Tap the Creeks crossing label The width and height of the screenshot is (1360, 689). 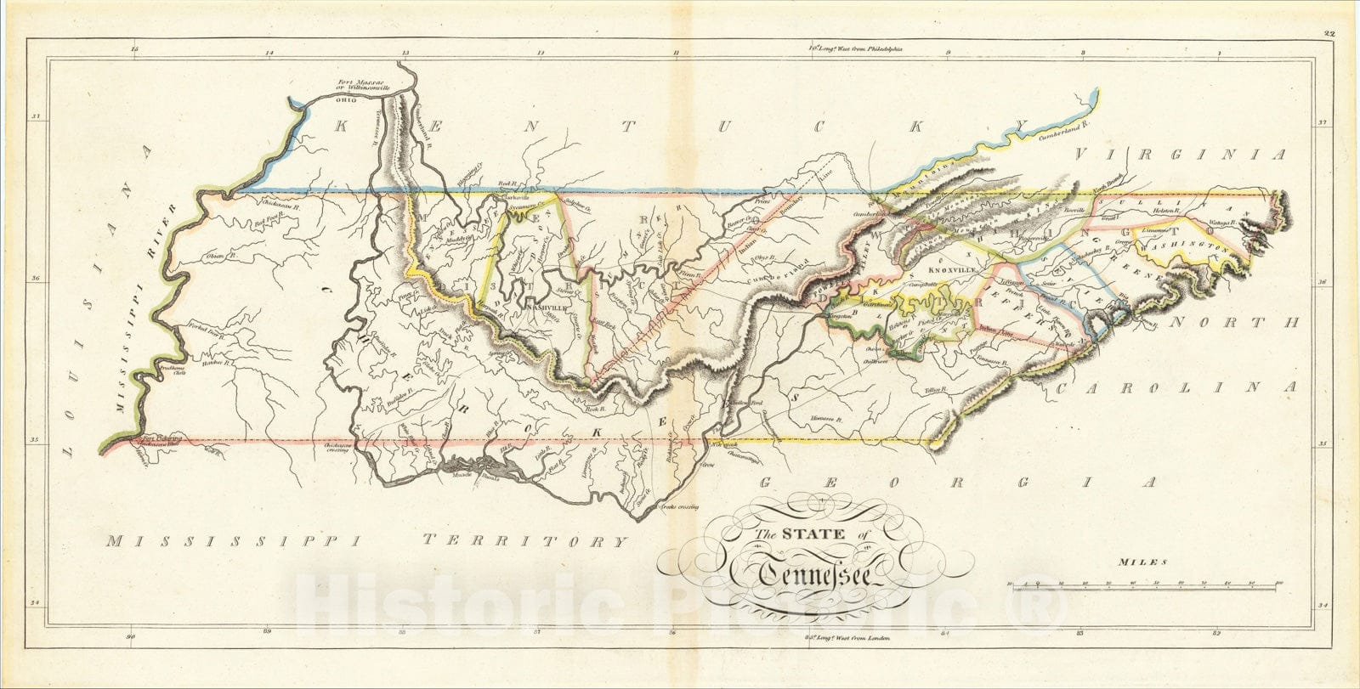tap(679, 507)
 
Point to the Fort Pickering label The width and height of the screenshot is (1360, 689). tap(162, 439)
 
